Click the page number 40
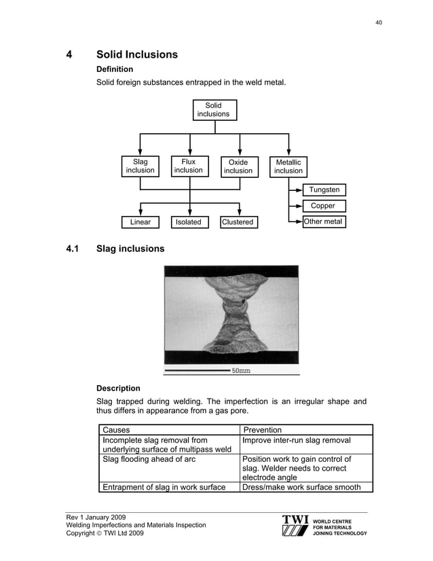pos(379,22)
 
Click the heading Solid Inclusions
pos(137,54)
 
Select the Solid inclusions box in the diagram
pos(213,110)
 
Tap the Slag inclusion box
pos(140,166)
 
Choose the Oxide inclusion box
pos(238,166)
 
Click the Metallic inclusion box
pos(288,166)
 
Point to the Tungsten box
pos(324,189)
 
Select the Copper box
pos(323,206)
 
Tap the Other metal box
pos(323,222)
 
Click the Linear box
pos(140,222)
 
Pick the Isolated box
pos(188,222)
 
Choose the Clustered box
pos(238,222)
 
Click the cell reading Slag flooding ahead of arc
pos(149,460)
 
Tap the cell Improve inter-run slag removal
pos(297,440)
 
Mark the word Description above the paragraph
pos(118,388)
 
